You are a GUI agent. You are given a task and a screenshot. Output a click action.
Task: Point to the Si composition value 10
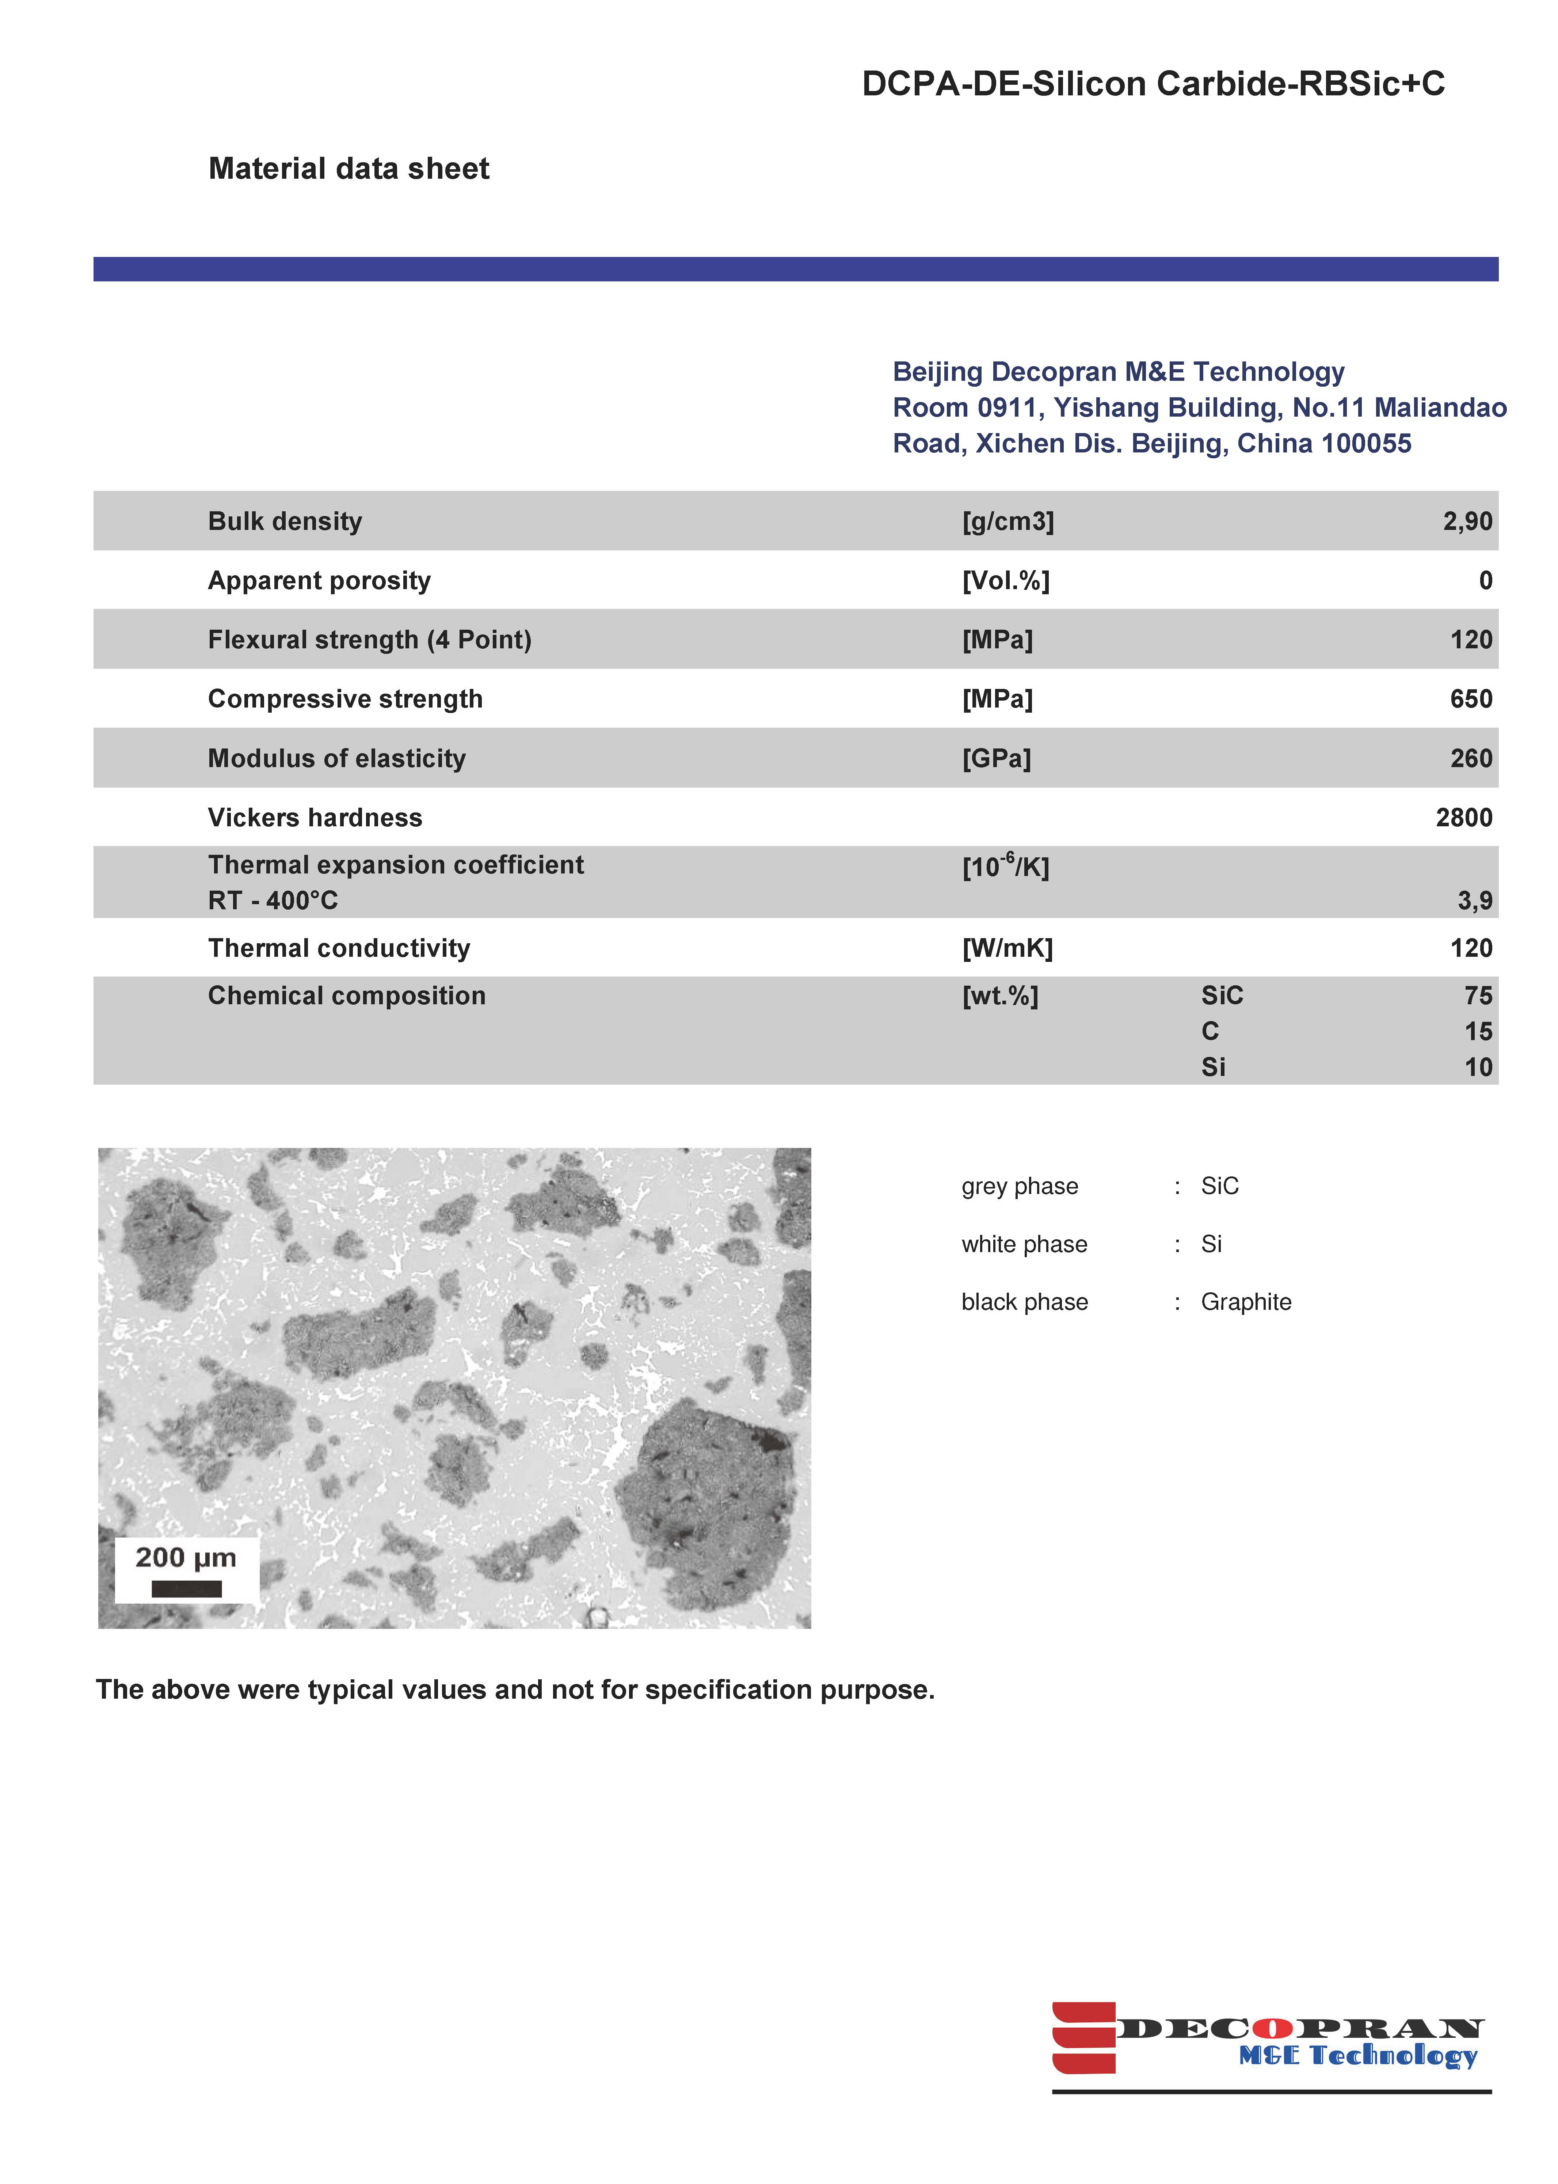(x=1477, y=1067)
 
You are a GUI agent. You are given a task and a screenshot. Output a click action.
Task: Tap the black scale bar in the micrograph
(x=186, y=1589)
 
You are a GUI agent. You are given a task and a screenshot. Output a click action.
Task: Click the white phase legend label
(x=1024, y=1244)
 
